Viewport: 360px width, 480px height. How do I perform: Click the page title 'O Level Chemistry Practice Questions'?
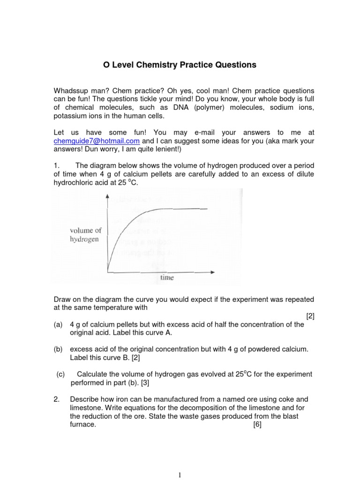click(180, 65)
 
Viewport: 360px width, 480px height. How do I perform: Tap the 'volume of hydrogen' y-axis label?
click(85, 234)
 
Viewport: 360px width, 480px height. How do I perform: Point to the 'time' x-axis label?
click(166, 277)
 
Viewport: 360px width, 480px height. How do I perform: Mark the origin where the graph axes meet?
click(108, 271)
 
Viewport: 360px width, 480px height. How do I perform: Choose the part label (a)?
click(58, 324)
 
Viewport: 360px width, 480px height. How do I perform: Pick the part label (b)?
click(58, 349)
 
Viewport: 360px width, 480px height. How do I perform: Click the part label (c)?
click(60, 374)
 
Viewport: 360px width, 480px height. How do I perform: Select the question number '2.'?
click(56, 399)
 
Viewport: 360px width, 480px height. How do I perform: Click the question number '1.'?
click(56, 165)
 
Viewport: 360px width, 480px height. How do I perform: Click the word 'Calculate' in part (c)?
click(92, 374)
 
